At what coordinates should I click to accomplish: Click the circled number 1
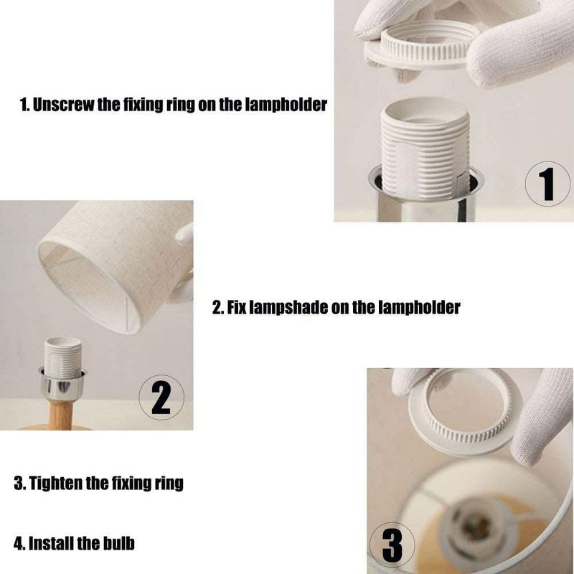(x=547, y=184)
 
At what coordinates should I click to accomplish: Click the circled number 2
(x=161, y=397)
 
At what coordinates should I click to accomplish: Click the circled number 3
(x=392, y=545)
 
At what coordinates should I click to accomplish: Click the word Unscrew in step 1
(x=63, y=105)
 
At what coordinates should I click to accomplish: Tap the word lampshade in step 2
(x=288, y=307)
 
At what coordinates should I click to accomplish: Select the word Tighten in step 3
(x=55, y=483)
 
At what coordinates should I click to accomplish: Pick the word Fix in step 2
(x=236, y=307)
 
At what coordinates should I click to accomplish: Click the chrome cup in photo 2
(x=62, y=385)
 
